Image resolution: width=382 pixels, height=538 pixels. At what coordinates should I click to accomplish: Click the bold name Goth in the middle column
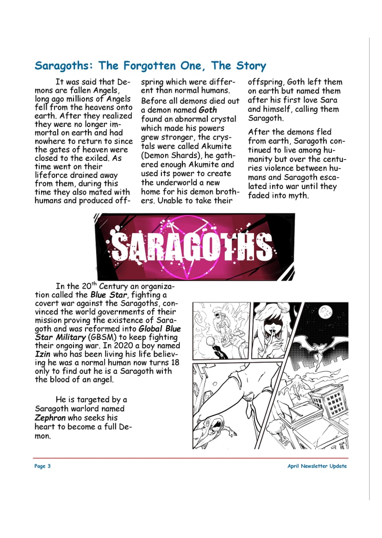click(207, 110)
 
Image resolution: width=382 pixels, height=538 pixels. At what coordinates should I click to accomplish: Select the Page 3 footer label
click(42, 466)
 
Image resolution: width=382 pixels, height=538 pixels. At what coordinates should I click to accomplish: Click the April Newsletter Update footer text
click(317, 466)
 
